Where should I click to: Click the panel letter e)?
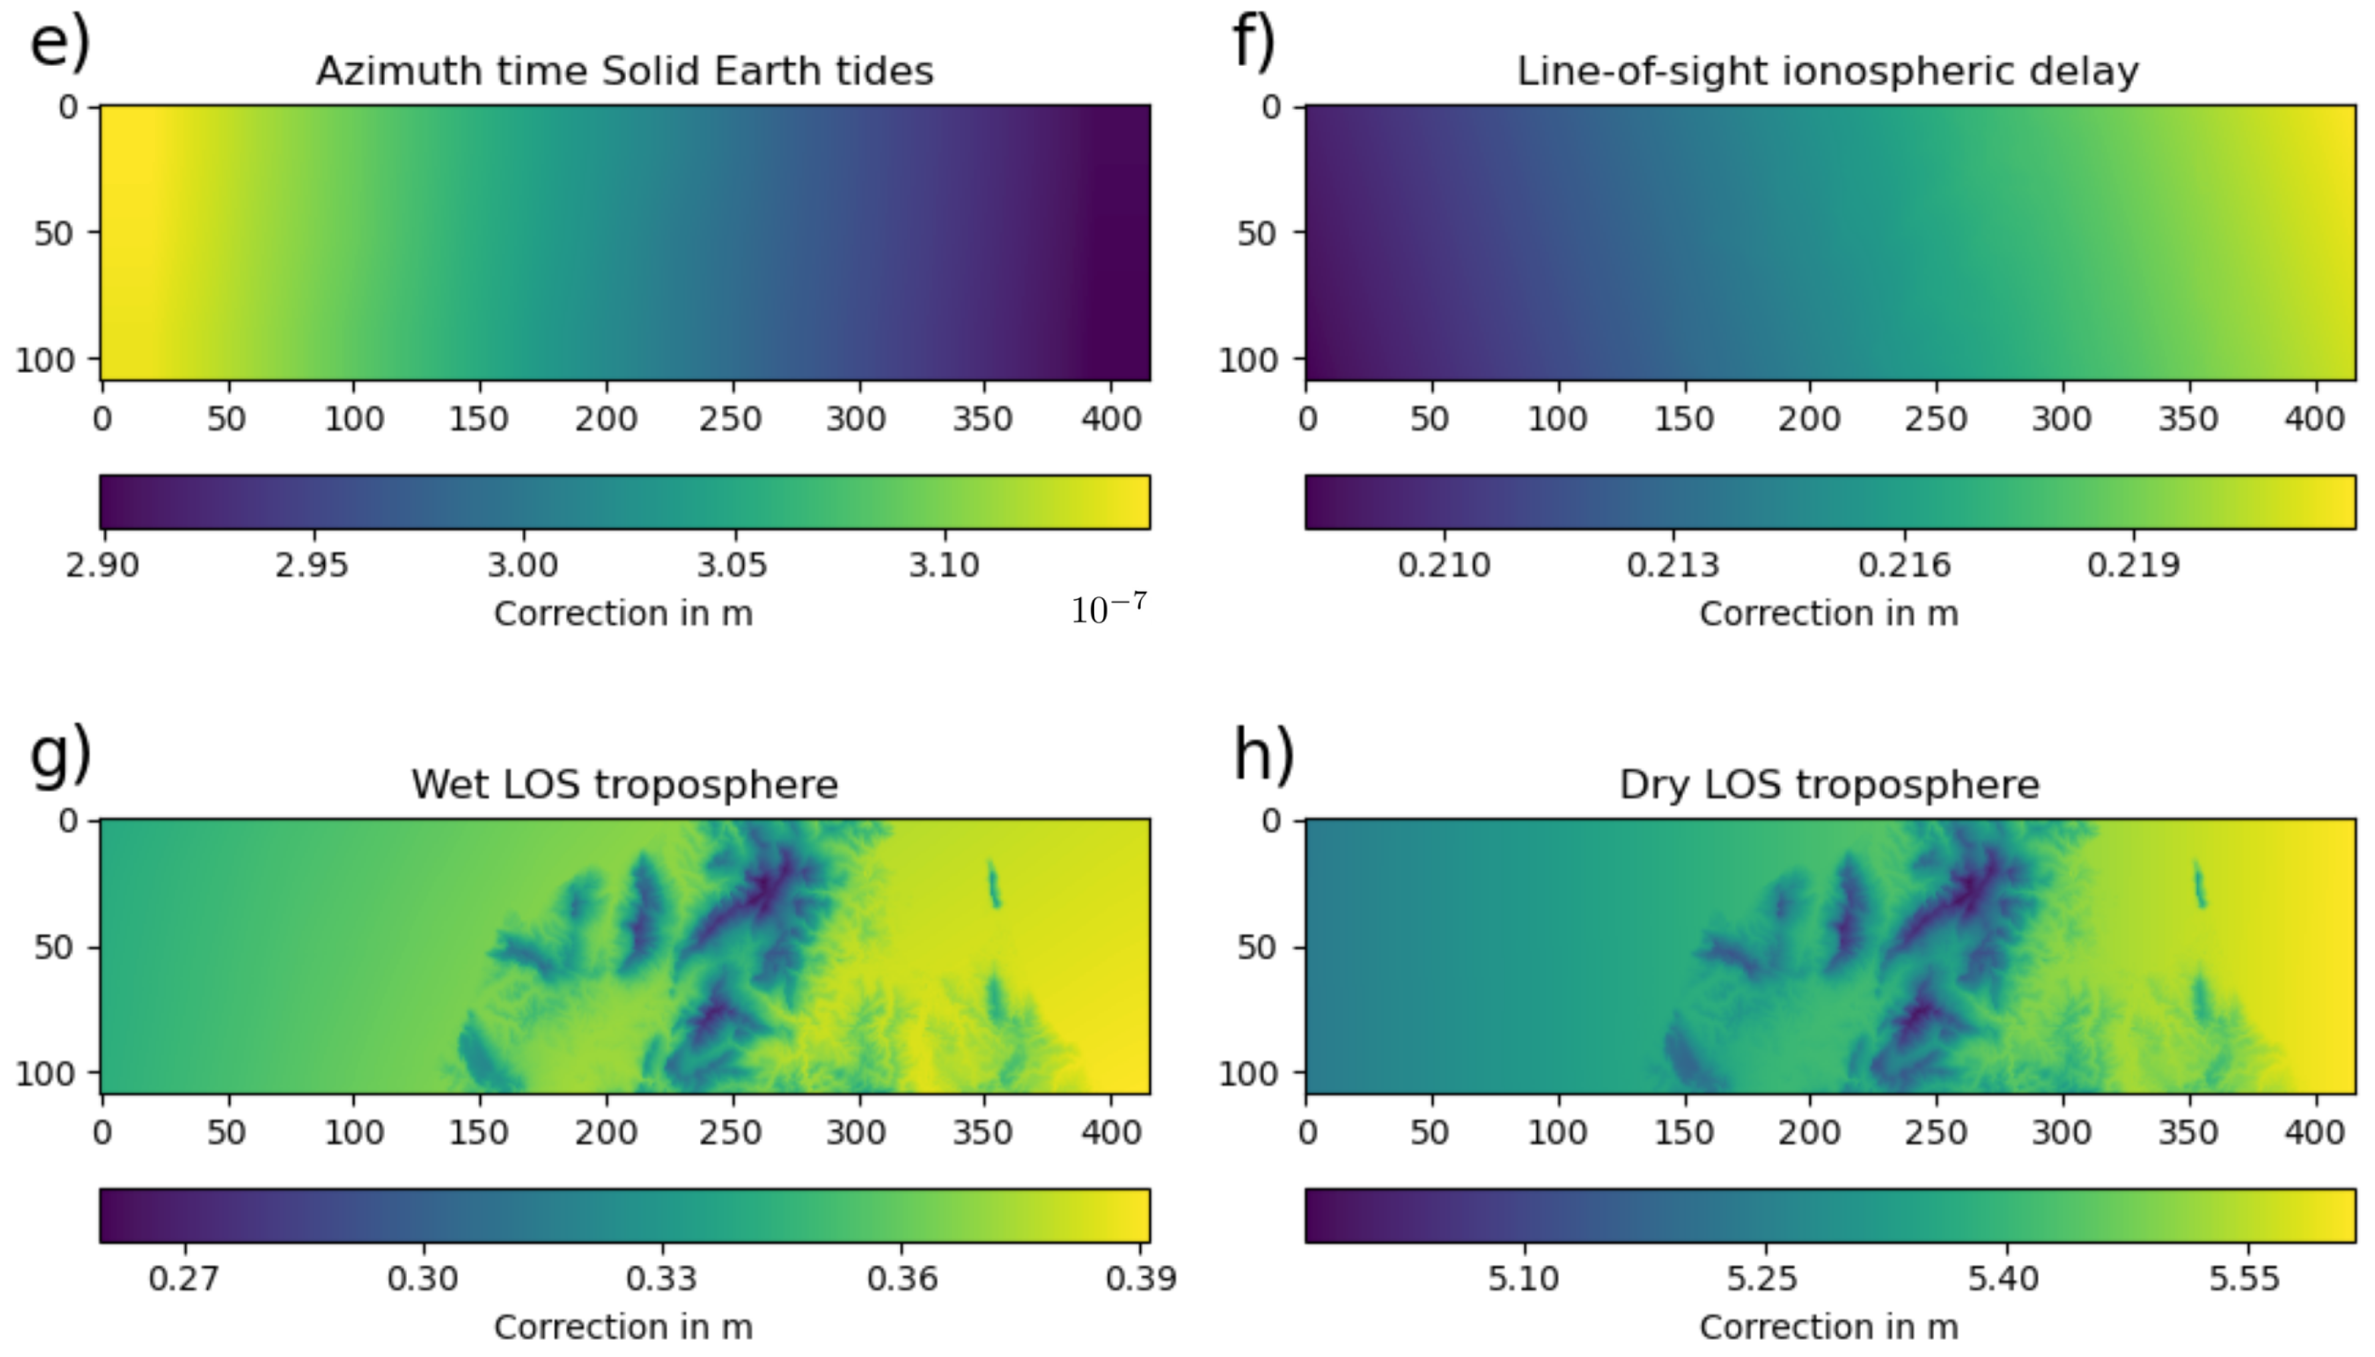tap(61, 45)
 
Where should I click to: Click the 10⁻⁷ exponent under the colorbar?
tap(1108, 609)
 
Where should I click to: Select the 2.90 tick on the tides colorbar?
tap(103, 565)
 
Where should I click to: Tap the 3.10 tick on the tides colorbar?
tap(944, 565)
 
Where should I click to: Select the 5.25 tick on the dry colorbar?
tap(1762, 1278)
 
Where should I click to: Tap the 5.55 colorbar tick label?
tap(2244, 1278)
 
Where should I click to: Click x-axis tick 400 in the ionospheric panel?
tap(2314, 418)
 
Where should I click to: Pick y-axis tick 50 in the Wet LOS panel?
tap(54, 947)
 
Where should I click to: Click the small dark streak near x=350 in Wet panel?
tap(994, 884)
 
